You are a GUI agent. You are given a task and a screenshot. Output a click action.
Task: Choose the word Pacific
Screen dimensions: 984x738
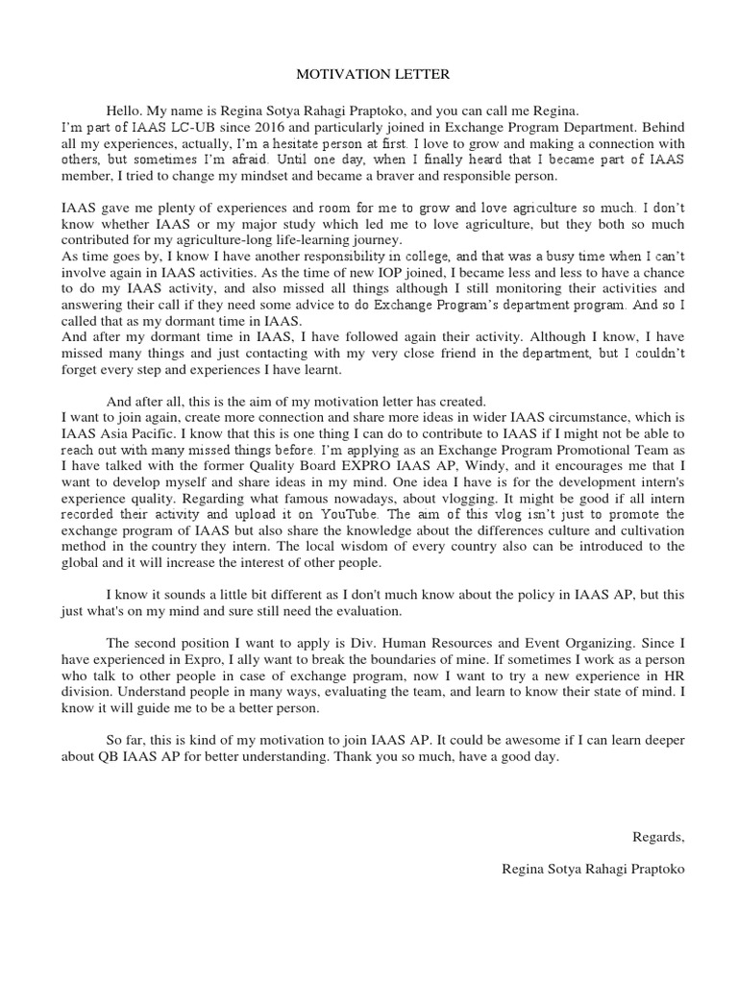pyautogui.click(x=150, y=431)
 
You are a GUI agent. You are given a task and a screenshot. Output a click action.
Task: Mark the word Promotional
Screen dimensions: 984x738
pyautogui.click(x=567, y=448)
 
